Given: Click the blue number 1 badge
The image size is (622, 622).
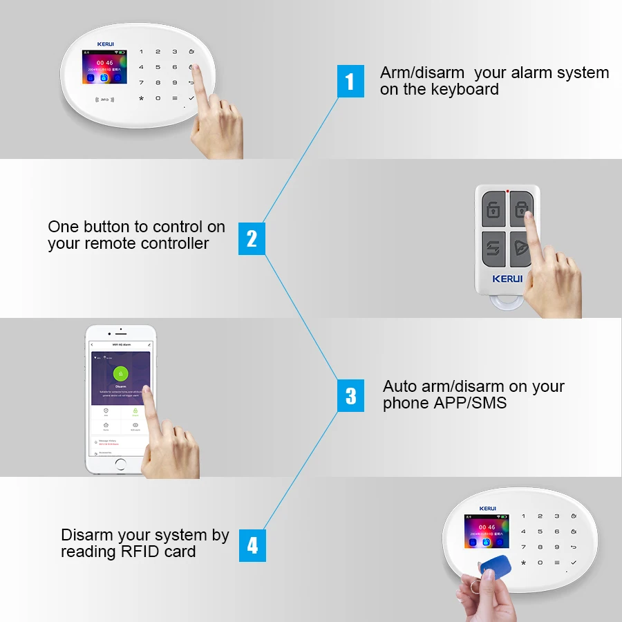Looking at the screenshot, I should (350, 81).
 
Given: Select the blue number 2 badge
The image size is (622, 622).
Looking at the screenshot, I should (252, 238).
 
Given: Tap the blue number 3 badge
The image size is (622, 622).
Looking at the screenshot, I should (350, 395).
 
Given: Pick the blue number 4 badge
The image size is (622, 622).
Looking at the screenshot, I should (252, 546).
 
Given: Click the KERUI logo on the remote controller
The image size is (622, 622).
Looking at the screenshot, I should (507, 279).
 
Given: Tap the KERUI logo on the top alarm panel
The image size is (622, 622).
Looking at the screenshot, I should (106, 44).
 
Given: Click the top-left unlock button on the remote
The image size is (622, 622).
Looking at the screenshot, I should (493, 209).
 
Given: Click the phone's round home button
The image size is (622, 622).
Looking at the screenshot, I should (120, 464).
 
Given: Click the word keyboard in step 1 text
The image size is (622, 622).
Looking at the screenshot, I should (464, 89).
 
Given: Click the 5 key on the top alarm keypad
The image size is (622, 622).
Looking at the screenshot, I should (158, 67).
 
